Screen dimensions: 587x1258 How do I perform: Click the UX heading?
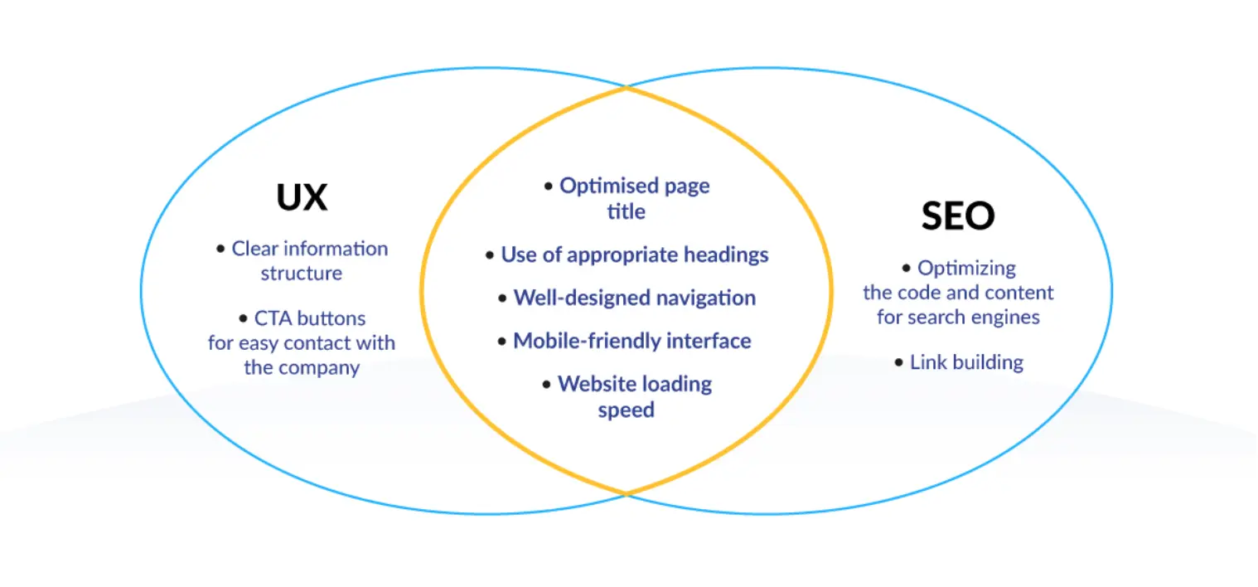tap(302, 198)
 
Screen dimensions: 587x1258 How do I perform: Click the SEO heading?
tap(957, 216)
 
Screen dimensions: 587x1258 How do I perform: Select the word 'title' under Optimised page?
tap(626, 212)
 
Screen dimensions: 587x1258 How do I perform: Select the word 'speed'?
tap(626, 410)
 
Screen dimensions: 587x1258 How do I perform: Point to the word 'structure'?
tap(302, 274)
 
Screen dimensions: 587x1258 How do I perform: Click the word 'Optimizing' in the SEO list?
tap(966, 268)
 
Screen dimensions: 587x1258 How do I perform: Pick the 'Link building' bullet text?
tap(966, 362)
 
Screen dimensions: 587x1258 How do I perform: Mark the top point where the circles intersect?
tap(627, 86)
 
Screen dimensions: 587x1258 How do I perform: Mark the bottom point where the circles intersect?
tap(627, 494)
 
